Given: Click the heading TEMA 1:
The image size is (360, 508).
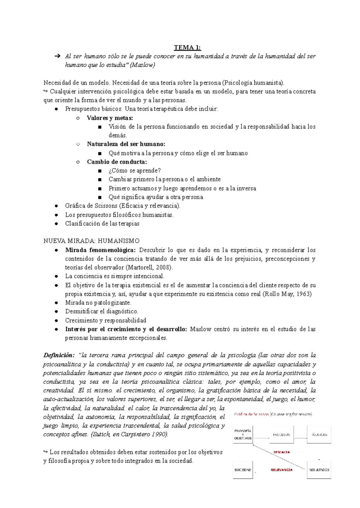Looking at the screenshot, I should click(x=187, y=47).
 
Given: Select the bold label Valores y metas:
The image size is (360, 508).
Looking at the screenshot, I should click(x=110, y=118).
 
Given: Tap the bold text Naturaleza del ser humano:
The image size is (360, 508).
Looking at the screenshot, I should click(x=126, y=144).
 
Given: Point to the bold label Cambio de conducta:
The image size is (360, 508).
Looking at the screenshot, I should click(x=117, y=162).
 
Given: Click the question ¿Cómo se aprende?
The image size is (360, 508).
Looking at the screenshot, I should click(x=135, y=170).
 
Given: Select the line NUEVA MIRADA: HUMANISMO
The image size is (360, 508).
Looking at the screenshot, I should click(x=91, y=241).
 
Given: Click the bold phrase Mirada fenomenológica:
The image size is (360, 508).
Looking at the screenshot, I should click(x=100, y=250).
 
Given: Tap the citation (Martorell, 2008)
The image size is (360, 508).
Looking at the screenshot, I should click(x=149, y=267).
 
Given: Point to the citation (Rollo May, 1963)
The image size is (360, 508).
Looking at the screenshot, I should click(x=287, y=294).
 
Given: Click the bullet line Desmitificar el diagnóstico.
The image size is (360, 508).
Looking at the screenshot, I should click(x=102, y=311).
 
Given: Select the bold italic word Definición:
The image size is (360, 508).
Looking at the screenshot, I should click(x=59, y=355).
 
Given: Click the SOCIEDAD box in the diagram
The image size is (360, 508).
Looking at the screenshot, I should click(x=243, y=470).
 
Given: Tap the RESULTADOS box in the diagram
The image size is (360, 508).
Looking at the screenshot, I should click(x=319, y=470).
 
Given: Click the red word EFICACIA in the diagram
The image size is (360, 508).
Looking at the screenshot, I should click(x=281, y=452).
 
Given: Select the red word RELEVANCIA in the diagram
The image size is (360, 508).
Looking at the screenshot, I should click(x=281, y=470).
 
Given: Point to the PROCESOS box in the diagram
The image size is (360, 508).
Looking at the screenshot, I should click(x=281, y=435).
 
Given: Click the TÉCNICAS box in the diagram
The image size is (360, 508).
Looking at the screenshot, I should click(x=319, y=435).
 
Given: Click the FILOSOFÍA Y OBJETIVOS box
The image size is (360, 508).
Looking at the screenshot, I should click(x=243, y=435).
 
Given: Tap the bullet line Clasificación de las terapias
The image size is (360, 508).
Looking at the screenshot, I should click(x=102, y=223).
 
